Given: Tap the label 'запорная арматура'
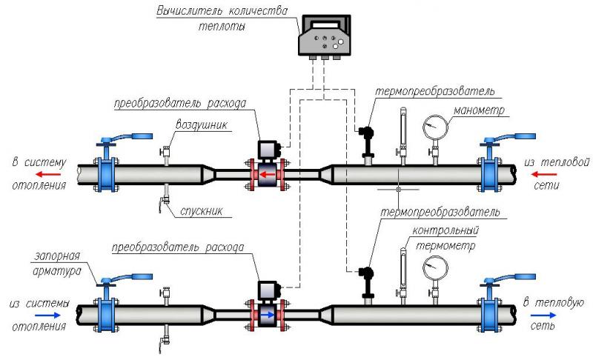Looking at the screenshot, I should tap(57, 264).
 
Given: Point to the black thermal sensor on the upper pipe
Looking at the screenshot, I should tap(365, 138).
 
